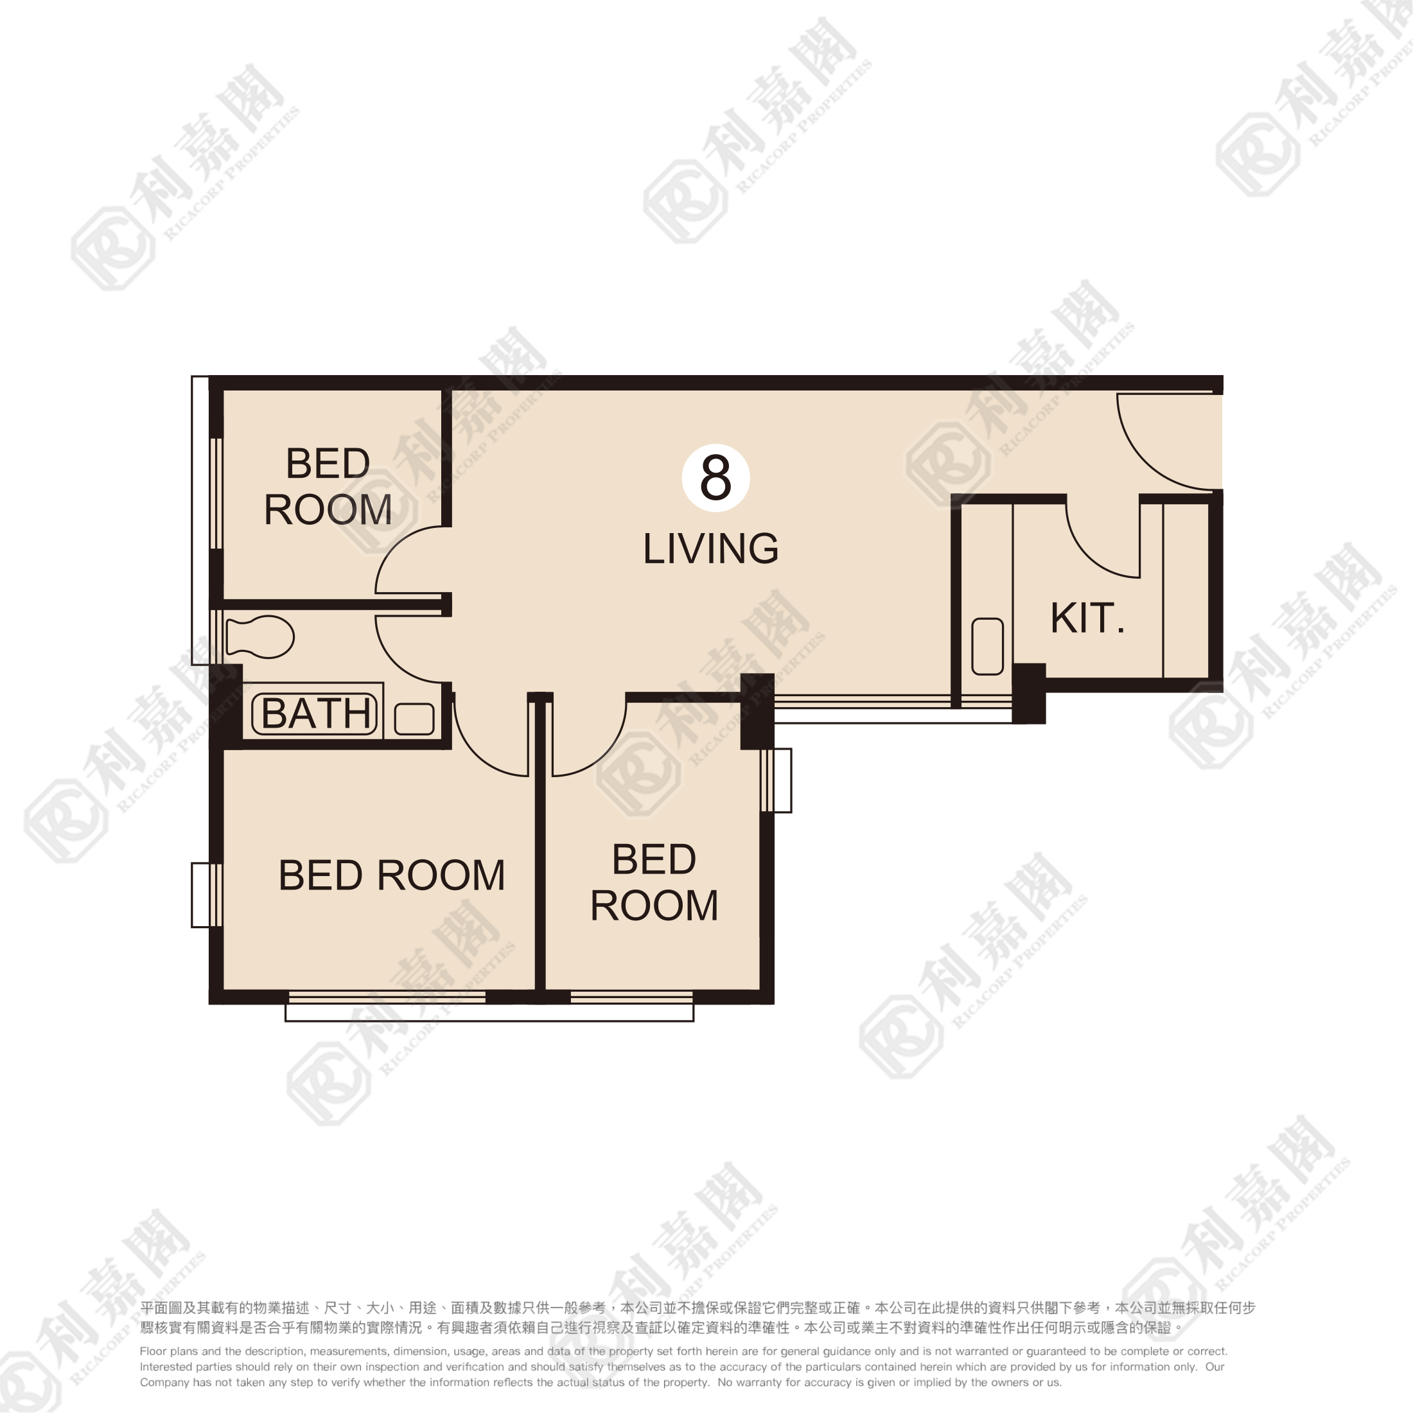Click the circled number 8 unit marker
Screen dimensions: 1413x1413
pyautogui.click(x=715, y=478)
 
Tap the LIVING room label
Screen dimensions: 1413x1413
pyautogui.click(x=711, y=549)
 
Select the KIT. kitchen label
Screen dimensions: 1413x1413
pyautogui.click(x=1087, y=618)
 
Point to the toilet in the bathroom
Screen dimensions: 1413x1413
pyautogui.click(x=259, y=637)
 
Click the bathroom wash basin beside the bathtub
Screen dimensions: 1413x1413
pyautogui.click(x=414, y=719)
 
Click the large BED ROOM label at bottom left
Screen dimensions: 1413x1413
pyautogui.click(x=392, y=875)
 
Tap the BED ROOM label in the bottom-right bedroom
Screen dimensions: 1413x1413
pyautogui.click(x=654, y=882)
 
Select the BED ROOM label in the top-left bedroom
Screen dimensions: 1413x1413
pyautogui.click(x=328, y=486)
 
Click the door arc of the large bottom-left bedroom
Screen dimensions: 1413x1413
pyautogui.click(x=475, y=753)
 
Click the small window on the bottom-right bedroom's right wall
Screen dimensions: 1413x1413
pyautogui.click(x=776, y=780)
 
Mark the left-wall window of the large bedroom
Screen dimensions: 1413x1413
pyautogui.click(x=207, y=895)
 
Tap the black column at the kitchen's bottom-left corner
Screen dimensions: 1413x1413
pyautogui.click(x=1028, y=694)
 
